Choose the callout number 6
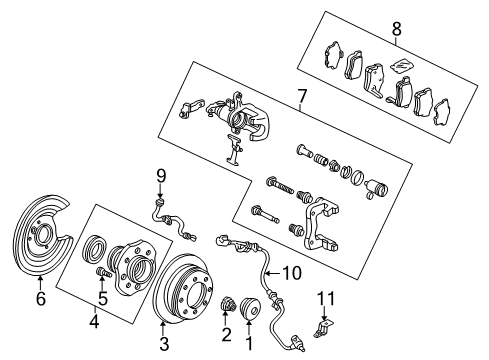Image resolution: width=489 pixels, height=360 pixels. [x=40, y=297]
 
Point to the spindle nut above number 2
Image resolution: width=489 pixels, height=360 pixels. [x=228, y=306]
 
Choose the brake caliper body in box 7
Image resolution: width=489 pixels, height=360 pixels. [x=245, y=124]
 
